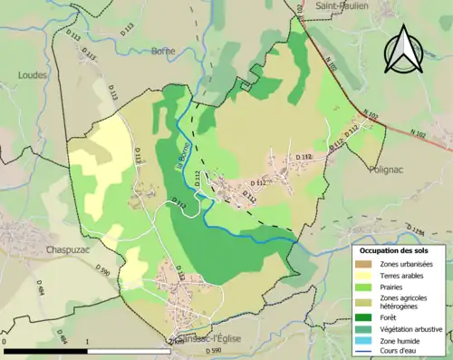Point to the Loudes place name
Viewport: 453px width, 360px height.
click(x=31, y=75)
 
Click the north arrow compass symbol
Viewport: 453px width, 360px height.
click(x=404, y=49)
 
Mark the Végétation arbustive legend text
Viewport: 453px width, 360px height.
click(x=414, y=329)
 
